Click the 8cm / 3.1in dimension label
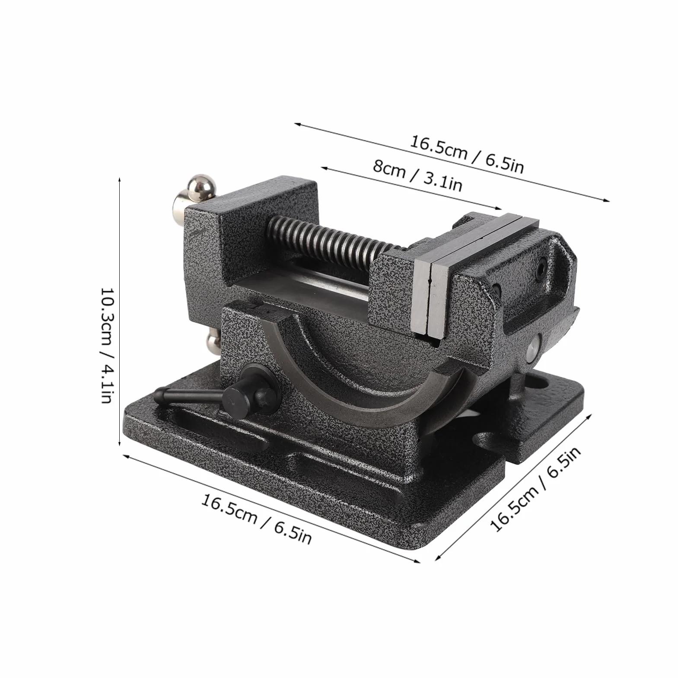418,174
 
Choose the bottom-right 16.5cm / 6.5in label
535,489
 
